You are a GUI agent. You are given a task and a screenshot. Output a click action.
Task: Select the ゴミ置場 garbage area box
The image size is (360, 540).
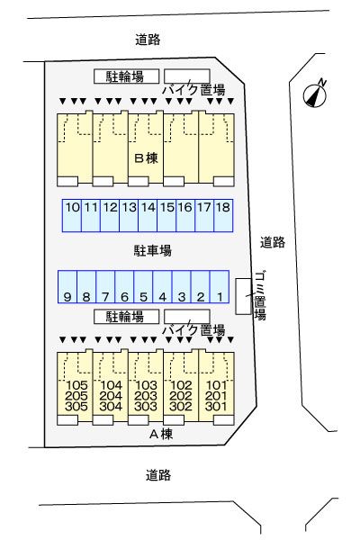242,297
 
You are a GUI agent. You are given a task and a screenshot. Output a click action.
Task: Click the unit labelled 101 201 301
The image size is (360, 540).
216,395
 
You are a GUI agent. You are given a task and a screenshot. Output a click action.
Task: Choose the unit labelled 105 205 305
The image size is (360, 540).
76,395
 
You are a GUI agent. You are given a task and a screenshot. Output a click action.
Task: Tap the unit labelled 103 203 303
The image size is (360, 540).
146,395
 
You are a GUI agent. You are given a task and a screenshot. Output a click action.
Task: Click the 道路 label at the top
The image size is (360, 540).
147,39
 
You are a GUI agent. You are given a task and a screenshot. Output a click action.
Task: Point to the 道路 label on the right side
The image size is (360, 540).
273,241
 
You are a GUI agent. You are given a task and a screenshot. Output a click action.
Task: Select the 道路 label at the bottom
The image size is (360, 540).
157,474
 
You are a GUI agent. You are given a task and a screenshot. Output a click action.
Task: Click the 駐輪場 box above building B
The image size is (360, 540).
126,76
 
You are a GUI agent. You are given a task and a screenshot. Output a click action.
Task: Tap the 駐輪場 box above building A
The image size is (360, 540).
126,316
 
